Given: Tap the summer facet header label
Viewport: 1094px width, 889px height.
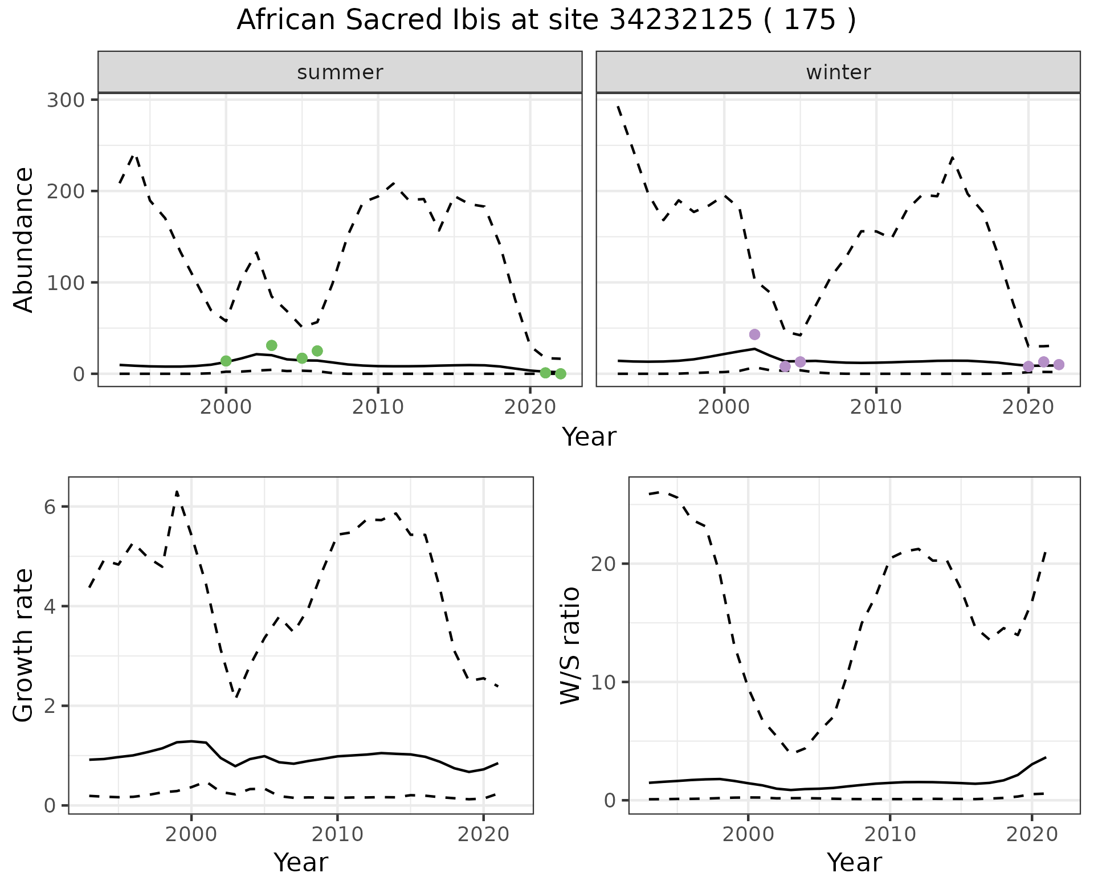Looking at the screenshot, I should coord(340,72).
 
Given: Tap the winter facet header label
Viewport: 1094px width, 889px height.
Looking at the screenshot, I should coord(838,72).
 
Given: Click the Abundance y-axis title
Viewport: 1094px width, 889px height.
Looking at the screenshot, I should coord(24,240).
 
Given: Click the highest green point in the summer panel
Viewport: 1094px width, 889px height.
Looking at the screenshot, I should coord(272,345).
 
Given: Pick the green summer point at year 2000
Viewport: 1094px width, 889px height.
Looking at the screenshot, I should coord(226,361).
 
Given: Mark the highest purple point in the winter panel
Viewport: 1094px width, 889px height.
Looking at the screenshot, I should coord(754,335).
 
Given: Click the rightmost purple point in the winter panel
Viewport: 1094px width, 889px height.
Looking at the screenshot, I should coord(1059,365).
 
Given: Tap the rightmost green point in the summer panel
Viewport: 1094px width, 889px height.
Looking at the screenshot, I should coord(561,374).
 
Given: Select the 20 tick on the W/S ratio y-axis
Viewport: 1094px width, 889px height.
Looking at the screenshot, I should coord(604,564).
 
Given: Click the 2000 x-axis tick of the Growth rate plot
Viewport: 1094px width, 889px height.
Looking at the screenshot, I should coord(191,834).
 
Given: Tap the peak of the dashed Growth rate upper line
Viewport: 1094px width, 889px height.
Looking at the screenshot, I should coord(177,491).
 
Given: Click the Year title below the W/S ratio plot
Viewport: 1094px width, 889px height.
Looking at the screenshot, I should coord(854,863).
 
